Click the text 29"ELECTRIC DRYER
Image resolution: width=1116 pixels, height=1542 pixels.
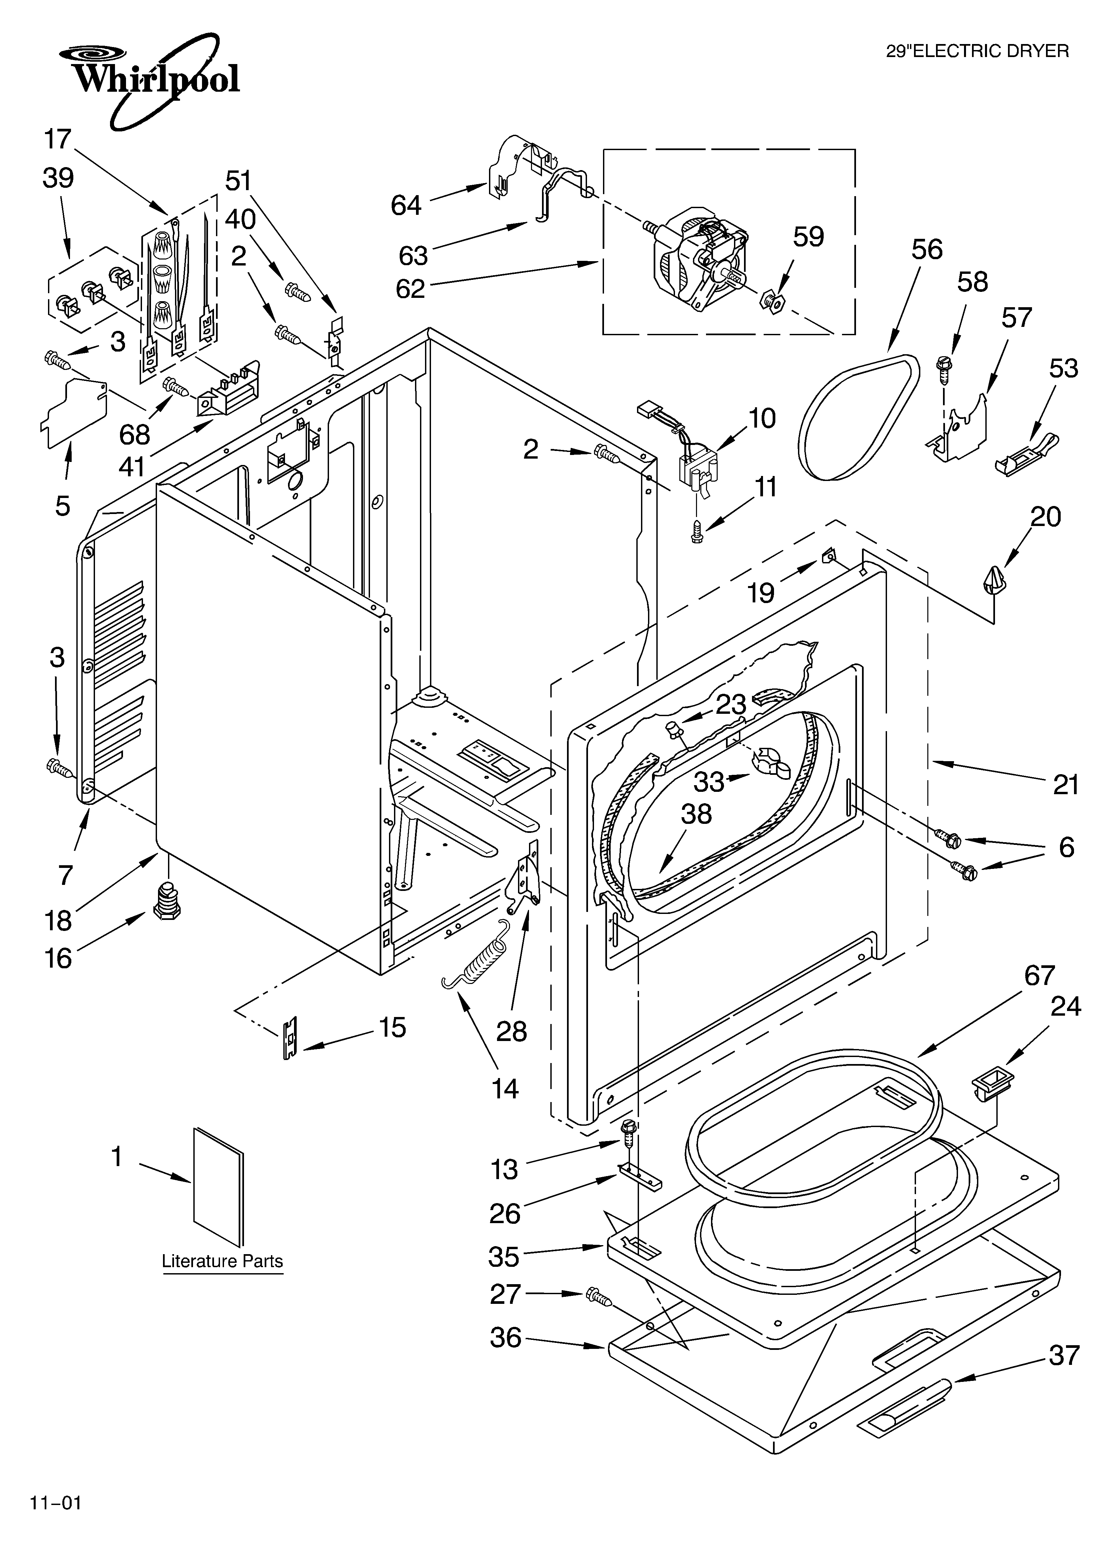977,51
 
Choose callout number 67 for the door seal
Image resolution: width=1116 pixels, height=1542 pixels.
1039,976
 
